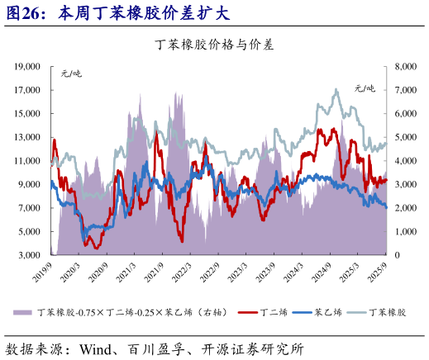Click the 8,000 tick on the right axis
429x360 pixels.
pos(408,66)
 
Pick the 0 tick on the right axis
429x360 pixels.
pos(399,255)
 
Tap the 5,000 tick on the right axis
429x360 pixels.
pos(408,137)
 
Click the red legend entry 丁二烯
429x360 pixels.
pos(266,313)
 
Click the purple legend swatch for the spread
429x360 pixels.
pos(22,313)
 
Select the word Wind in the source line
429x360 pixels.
pos(96,348)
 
